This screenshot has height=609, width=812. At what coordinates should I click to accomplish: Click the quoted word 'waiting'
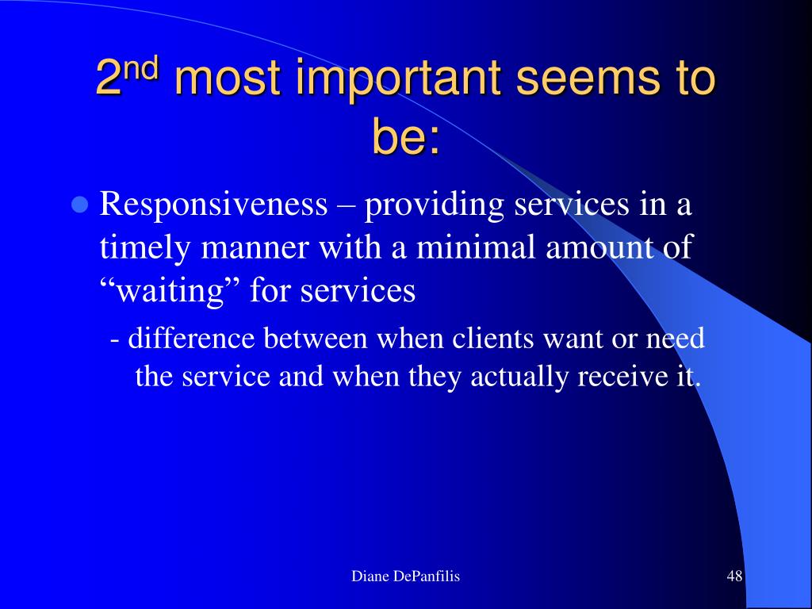pyautogui.click(x=168, y=290)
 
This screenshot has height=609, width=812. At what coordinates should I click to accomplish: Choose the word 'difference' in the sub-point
pyautogui.click(x=191, y=338)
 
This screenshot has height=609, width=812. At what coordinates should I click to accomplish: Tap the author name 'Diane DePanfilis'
pyautogui.click(x=405, y=576)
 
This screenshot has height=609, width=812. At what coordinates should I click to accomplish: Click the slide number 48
pyautogui.click(x=734, y=576)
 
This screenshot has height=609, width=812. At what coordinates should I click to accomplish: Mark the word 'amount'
pyautogui.click(x=598, y=247)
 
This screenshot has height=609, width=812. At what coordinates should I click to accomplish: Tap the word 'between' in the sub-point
pyautogui.click(x=316, y=338)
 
